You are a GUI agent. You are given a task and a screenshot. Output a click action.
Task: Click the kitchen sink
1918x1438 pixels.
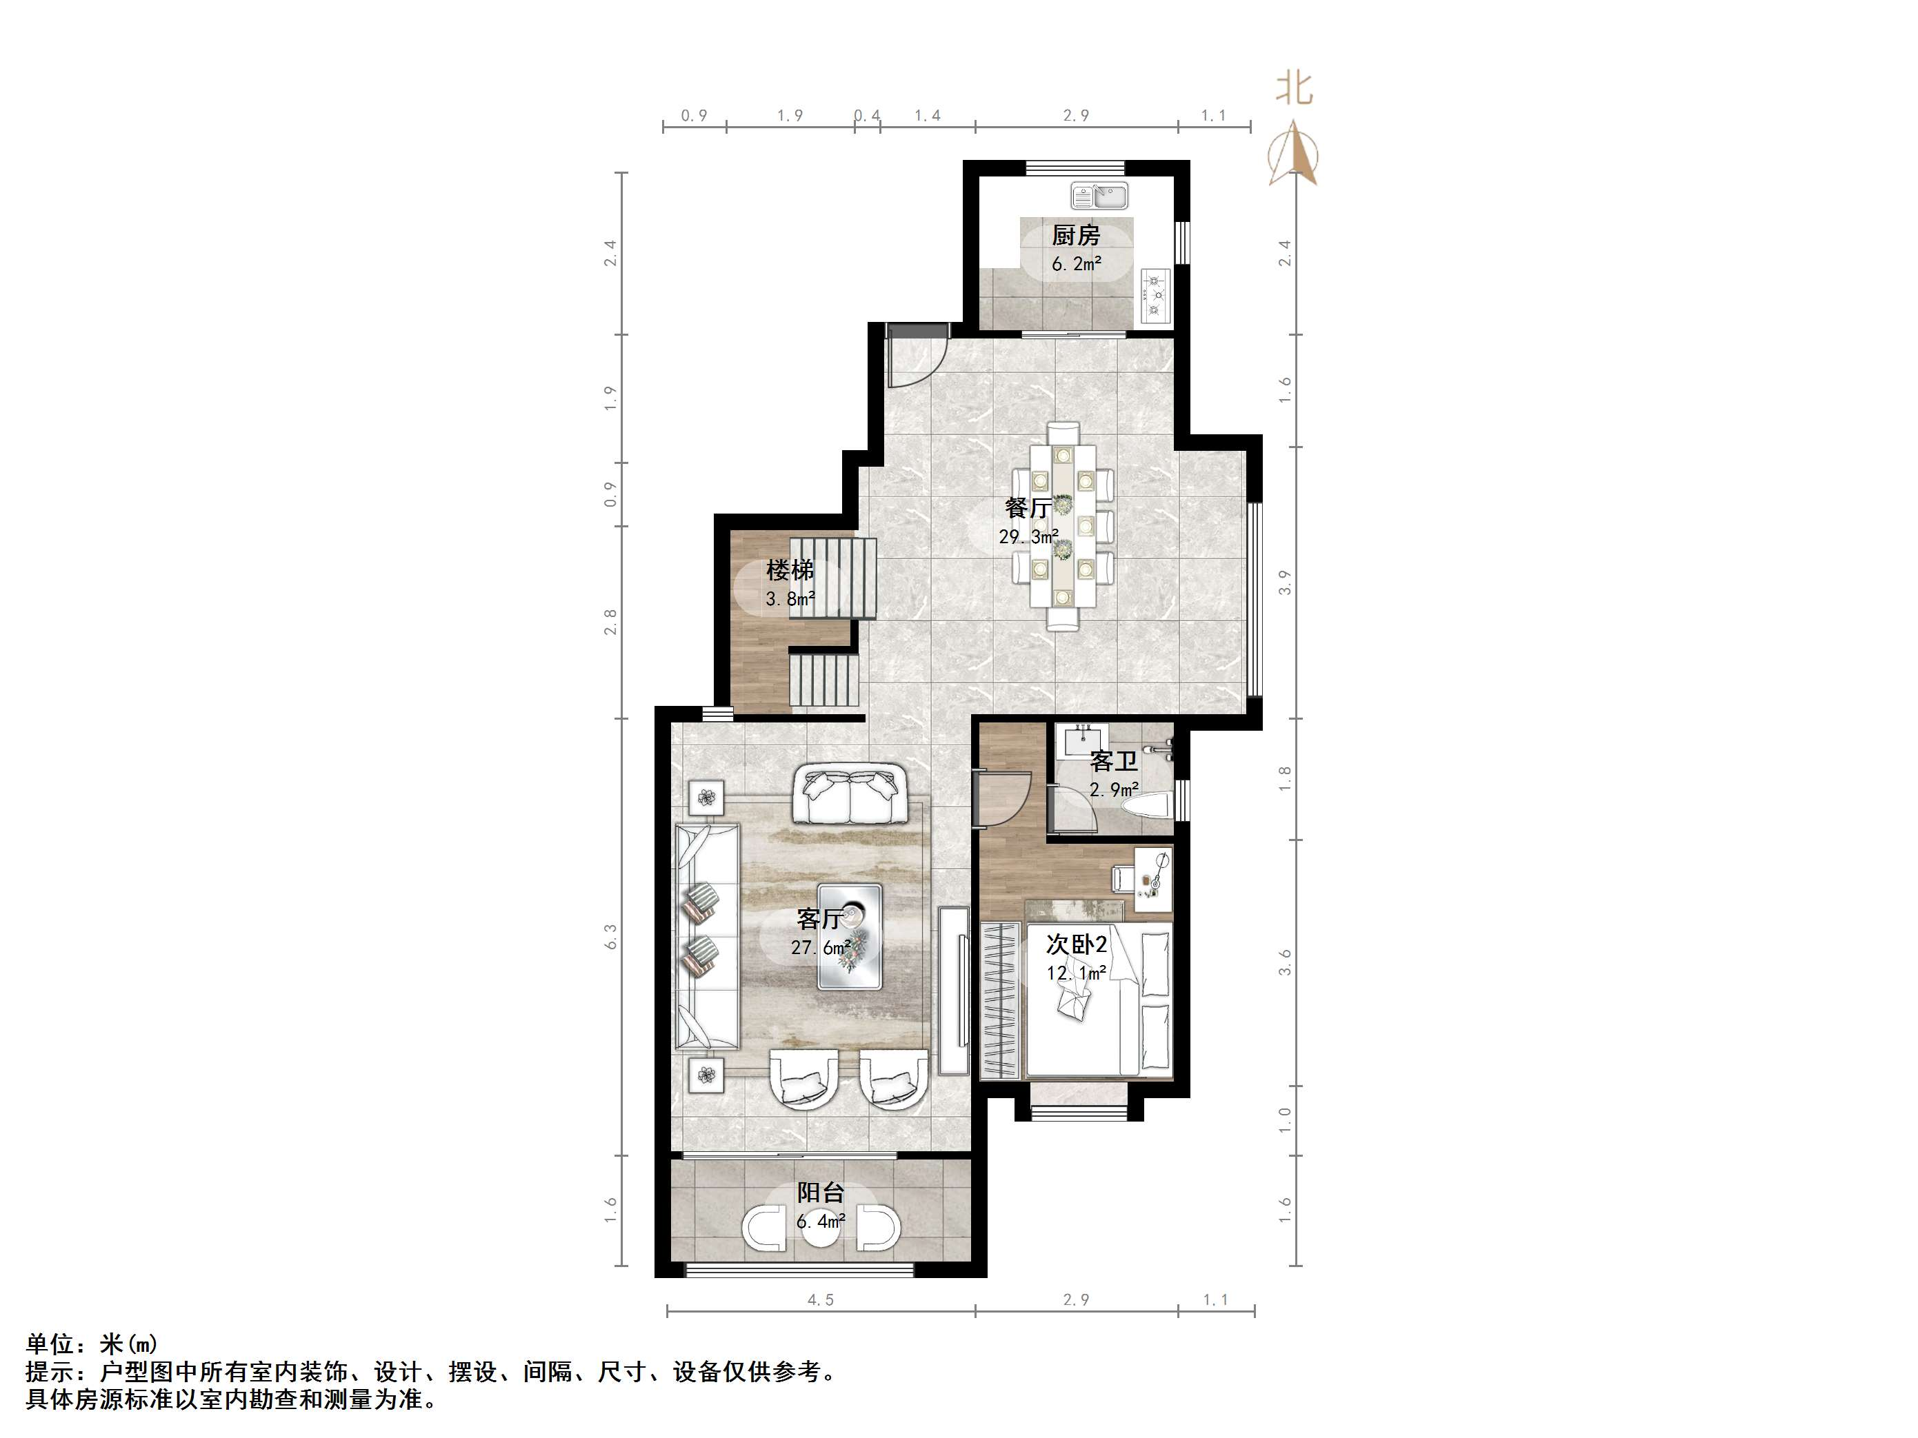[1099, 196]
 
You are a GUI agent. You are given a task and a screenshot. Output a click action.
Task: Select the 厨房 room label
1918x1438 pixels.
[1076, 235]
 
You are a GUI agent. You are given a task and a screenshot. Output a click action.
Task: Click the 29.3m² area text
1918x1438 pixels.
[1028, 538]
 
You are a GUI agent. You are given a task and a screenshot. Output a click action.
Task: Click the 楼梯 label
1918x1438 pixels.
[790, 570]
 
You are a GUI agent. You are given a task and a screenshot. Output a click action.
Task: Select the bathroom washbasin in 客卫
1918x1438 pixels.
[1082, 742]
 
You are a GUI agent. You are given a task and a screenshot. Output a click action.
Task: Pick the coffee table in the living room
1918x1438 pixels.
[850, 937]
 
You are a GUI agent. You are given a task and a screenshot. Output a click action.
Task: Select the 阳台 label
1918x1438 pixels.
[820, 1193]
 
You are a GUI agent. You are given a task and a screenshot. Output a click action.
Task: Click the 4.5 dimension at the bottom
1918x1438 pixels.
[820, 1300]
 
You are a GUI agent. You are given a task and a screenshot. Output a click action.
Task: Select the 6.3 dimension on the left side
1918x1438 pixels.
[611, 937]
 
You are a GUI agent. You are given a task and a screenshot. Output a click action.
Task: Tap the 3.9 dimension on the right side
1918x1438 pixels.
[1285, 583]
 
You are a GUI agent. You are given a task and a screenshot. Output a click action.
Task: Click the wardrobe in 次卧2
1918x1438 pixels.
[1002, 1001]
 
